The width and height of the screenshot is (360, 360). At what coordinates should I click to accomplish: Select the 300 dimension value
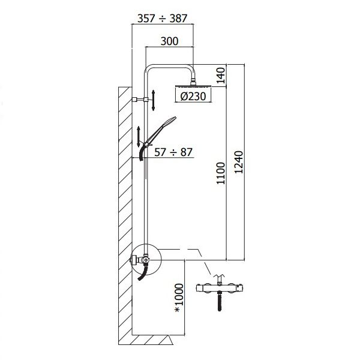(170, 41)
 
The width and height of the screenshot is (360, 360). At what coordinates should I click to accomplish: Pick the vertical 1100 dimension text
(220, 175)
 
